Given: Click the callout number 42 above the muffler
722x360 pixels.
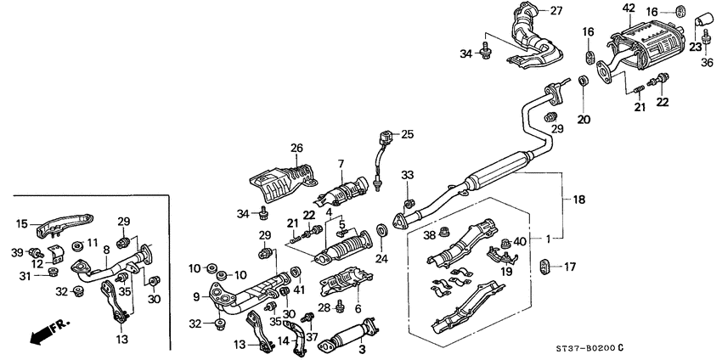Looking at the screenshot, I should click(x=629, y=8).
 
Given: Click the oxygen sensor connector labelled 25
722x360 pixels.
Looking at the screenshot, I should click(x=390, y=135).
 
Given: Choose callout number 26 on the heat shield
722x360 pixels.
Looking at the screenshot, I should click(x=297, y=149).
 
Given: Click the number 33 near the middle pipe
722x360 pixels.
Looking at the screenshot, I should click(x=407, y=175).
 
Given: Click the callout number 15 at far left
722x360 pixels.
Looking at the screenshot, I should click(x=22, y=223).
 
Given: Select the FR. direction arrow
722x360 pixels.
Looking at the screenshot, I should click(x=48, y=332).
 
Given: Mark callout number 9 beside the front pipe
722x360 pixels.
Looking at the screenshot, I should click(x=196, y=296).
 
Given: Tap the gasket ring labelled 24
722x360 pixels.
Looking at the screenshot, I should click(x=381, y=230).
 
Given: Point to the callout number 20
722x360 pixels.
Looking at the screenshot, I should click(x=583, y=119).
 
